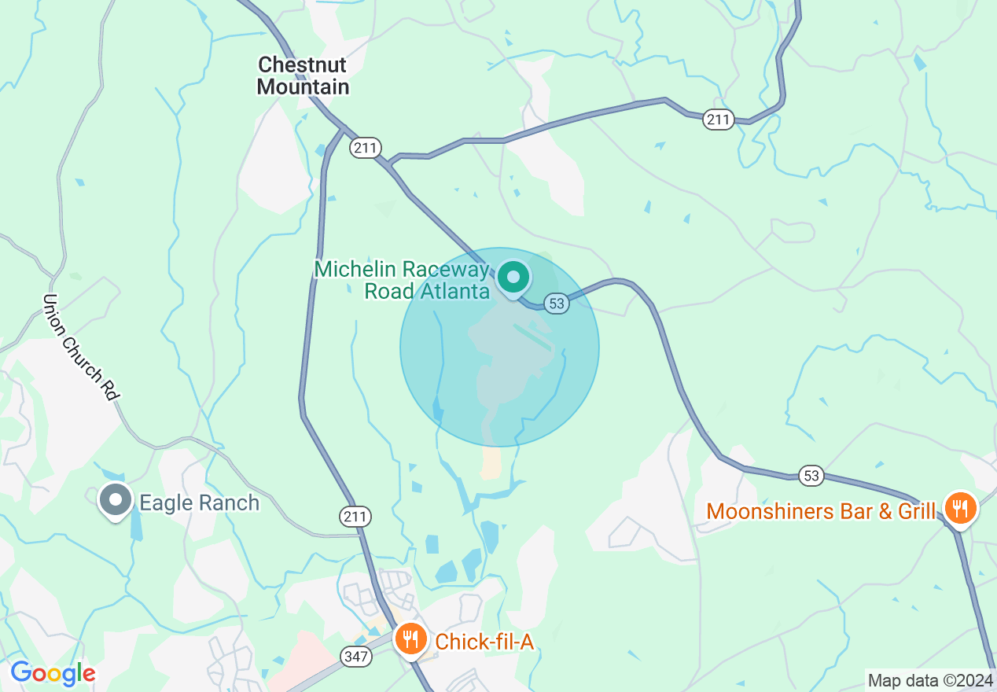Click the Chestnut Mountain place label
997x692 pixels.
click(303, 75)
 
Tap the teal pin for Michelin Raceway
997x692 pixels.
click(513, 278)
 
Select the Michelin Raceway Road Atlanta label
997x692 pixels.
click(403, 280)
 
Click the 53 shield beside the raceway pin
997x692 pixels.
click(556, 304)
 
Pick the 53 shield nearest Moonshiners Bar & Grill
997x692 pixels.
click(811, 475)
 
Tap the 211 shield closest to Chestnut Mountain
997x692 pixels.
click(366, 147)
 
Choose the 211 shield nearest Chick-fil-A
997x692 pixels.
click(355, 517)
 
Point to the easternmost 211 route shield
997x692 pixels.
click(718, 120)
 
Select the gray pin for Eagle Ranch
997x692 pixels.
click(116, 500)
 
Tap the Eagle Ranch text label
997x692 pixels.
click(200, 502)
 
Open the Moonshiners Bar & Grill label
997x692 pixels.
click(821, 511)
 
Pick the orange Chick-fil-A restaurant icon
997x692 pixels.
click(410, 639)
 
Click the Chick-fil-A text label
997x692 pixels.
click(484, 642)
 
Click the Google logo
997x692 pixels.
click(53, 673)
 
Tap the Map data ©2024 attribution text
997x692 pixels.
click(929, 679)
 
